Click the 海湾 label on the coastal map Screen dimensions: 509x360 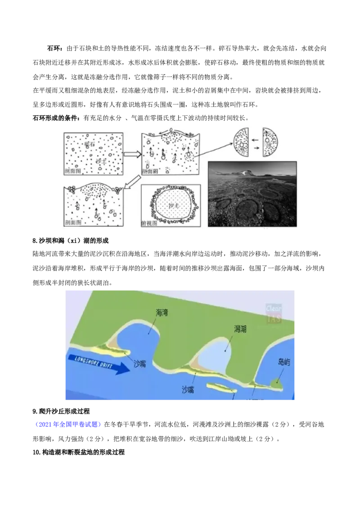click(162, 313)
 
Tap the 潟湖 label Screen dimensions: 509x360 click(240, 329)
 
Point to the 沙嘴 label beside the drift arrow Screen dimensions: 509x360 click(140, 364)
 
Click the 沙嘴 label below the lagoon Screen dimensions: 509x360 click(188, 390)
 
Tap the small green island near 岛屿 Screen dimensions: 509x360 click(276, 384)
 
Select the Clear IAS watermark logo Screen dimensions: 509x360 click(274, 313)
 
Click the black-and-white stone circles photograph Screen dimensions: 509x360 click(252, 196)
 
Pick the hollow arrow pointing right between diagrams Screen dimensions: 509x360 click(132, 154)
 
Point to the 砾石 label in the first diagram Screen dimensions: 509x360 click(90, 144)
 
